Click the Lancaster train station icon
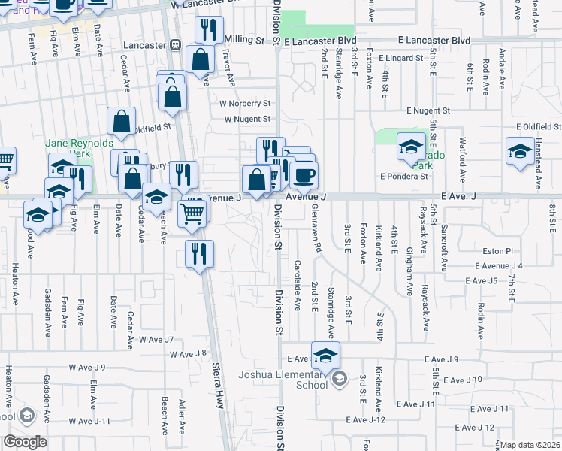(x=175, y=45)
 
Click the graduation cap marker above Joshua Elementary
(x=325, y=355)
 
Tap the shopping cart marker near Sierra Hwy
(x=192, y=213)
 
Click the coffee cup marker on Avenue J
(x=304, y=175)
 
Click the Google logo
(x=26, y=442)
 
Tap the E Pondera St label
(x=403, y=177)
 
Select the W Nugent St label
(x=247, y=119)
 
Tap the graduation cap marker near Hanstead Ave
(x=520, y=150)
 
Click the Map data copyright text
(x=530, y=445)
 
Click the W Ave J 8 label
(x=189, y=354)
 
